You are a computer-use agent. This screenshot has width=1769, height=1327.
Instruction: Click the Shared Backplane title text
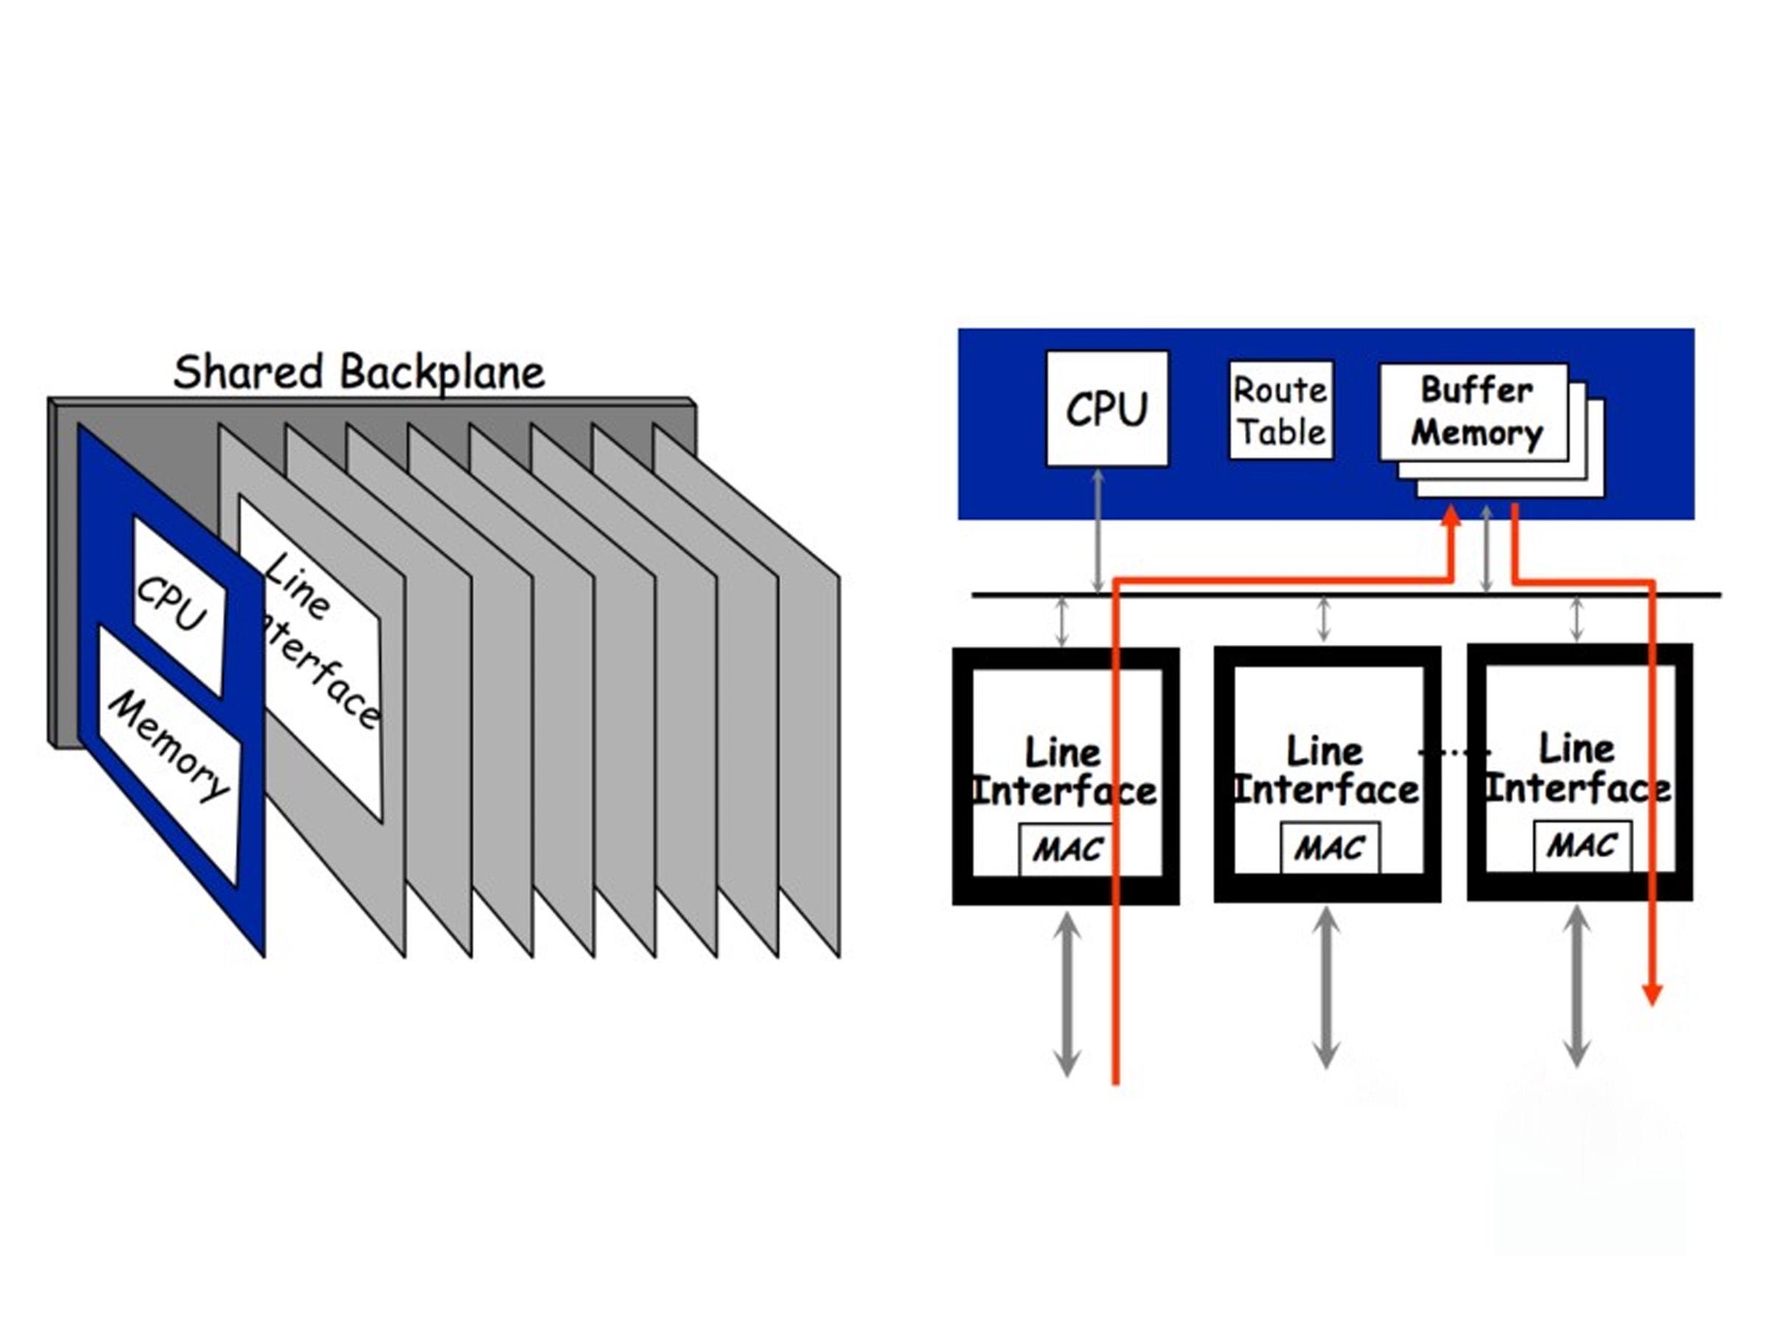click(x=358, y=373)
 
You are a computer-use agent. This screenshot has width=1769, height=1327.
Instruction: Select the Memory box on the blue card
click(x=169, y=754)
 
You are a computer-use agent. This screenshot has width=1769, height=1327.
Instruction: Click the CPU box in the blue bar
click(x=1107, y=408)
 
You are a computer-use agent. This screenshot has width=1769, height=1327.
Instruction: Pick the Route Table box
click(x=1280, y=410)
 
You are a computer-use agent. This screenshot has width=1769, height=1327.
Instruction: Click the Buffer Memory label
click(x=1476, y=412)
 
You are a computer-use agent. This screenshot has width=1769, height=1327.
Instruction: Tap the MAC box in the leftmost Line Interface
click(x=1067, y=849)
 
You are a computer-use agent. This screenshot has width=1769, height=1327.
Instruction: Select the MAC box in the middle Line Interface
click(x=1330, y=847)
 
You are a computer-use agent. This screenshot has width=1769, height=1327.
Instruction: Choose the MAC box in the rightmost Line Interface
click(x=1583, y=846)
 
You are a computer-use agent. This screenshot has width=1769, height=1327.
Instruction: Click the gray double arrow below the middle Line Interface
click(x=1326, y=986)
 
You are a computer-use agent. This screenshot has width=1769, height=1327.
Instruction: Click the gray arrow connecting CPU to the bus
click(x=1098, y=530)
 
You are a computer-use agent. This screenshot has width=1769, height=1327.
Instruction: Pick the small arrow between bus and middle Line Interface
click(x=1324, y=620)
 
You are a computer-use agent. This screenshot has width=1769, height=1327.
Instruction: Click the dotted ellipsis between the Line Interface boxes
click(x=1454, y=752)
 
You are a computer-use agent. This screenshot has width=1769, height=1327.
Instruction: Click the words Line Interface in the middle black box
click(x=1326, y=771)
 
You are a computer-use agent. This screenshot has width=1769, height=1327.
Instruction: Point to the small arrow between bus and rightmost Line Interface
click(x=1577, y=620)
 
